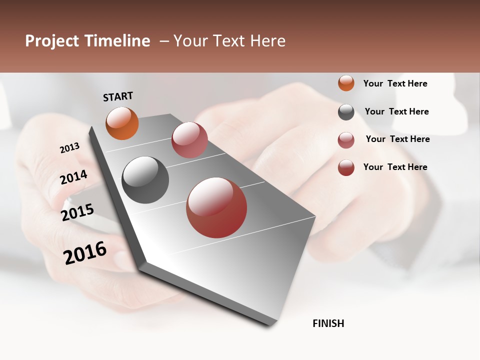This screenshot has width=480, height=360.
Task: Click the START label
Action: (118, 96)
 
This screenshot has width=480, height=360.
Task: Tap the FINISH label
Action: (328, 323)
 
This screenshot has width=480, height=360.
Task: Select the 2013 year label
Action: (69, 148)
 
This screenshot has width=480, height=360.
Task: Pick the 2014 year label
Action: (73, 177)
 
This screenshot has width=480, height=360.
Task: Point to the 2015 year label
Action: (77, 212)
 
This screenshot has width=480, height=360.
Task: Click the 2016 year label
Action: (85, 252)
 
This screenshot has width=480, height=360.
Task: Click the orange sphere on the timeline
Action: (122, 123)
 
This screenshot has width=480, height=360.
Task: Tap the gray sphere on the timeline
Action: (145, 180)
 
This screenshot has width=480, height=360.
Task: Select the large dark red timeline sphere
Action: (216, 207)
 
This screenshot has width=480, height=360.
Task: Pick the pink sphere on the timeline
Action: (189, 140)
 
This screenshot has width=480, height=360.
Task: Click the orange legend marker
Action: (346, 83)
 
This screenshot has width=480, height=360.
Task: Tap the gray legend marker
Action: (346, 112)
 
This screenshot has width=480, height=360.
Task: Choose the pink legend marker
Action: (346, 140)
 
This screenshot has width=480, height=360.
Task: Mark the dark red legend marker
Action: (346, 167)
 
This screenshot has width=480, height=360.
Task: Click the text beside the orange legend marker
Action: (395, 83)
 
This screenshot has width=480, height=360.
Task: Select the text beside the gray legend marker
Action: (396, 111)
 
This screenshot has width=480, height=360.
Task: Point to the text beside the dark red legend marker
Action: (395, 167)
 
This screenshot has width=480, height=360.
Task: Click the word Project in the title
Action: (52, 41)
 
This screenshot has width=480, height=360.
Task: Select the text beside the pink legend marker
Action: (397, 139)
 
